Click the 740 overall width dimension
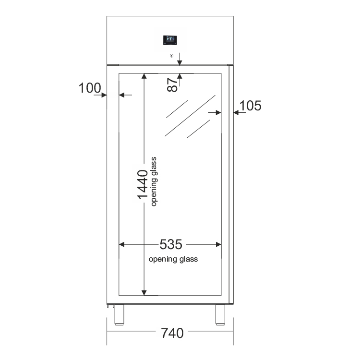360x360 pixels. [x=172, y=333]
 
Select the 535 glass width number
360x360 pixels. [x=171, y=244]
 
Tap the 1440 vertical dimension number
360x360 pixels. [x=143, y=184]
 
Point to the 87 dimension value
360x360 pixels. [x=172, y=84]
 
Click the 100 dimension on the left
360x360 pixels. [x=90, y=88]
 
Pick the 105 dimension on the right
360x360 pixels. [x=250, y=106]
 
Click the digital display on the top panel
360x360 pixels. [x=170, y=40]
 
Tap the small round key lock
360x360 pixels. [x=171, y=56]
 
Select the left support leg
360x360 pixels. [x=119, y=315]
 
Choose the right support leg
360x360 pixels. [x=220, y=315]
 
